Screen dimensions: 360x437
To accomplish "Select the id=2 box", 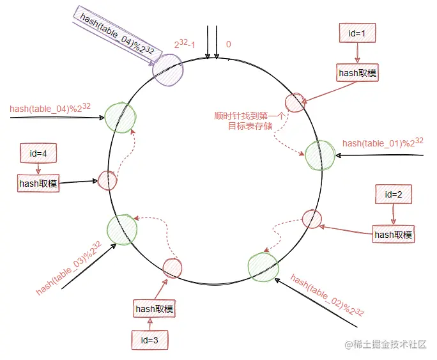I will pos(394,194).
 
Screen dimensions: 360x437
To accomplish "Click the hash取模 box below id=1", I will pos(358,73).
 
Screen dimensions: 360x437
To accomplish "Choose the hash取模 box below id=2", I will pos(394,235).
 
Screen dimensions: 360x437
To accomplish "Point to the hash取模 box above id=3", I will pos(154,309).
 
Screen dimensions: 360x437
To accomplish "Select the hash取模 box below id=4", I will pos(38,184).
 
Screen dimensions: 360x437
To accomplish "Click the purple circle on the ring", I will pos(168,67).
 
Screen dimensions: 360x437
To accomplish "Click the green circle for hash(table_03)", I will pos(122,230).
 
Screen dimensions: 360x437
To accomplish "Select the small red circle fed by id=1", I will pos(295,102).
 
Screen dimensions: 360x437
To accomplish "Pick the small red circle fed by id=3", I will pos(173,269).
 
